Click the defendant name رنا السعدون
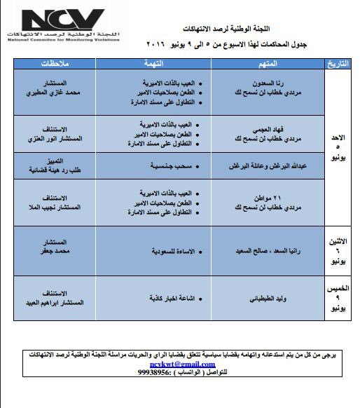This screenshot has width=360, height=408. point(271,80)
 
